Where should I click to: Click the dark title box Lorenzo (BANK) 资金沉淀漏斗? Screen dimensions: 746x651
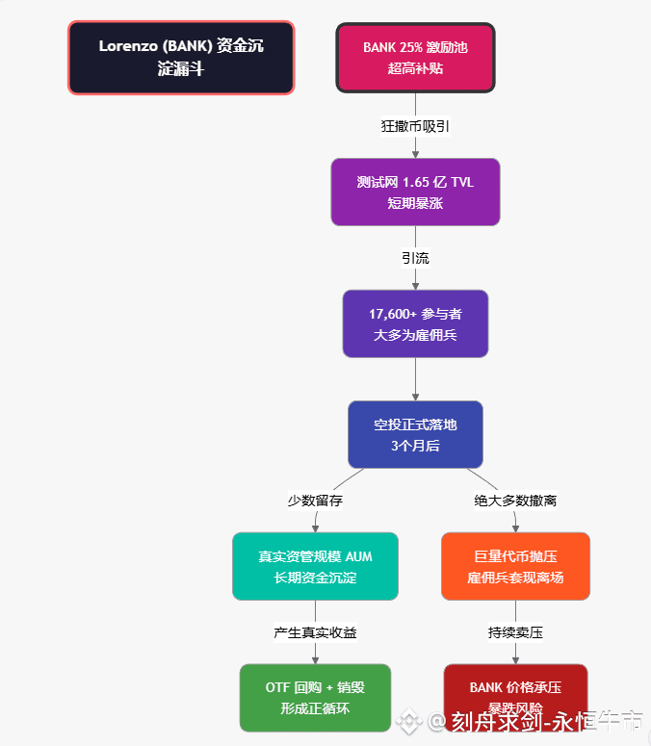[181, 58]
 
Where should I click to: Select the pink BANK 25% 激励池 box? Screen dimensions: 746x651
[415, 58]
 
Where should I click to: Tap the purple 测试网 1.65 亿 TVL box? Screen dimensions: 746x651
[415, 192]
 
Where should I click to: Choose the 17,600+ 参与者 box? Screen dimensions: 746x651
[415, 324]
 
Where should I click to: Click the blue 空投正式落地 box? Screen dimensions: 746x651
[415, 434]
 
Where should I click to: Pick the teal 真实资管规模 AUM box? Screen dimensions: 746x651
[315, 566]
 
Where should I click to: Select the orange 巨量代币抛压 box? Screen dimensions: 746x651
[515, 566]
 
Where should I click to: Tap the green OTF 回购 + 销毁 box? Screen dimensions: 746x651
[315, 697]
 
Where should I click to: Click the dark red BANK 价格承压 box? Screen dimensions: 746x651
[515, 697]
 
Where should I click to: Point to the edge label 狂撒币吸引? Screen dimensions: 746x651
[415, 126]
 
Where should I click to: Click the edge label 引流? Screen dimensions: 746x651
[415, 258]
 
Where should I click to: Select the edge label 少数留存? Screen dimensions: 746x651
[315, 501]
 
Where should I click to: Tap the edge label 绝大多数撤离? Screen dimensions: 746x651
[515, 501]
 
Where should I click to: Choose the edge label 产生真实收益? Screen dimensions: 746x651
[315, 632]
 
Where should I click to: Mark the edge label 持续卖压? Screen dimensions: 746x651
[515, 632]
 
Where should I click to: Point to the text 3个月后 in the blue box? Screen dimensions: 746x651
[415, 446]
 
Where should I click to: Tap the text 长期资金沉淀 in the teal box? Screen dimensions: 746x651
[315, 578]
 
